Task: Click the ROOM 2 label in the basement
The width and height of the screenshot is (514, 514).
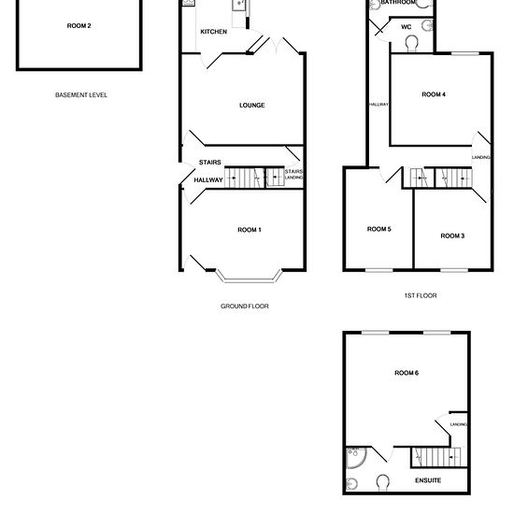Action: point(79,26)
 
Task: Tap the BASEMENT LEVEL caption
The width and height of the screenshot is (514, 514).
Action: point(81,95)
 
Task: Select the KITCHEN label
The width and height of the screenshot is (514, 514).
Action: point(214,32)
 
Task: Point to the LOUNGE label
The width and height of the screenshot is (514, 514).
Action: point(252,106)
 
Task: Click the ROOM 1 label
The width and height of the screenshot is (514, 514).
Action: point(250,230)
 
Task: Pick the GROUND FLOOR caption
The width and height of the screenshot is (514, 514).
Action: point(245,307)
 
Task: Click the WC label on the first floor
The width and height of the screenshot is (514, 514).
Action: point(407,27)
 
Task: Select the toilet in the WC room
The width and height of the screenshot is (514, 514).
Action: point(411,44)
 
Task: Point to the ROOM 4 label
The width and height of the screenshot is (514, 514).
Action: point(434,94)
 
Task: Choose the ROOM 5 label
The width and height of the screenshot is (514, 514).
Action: point(378,229)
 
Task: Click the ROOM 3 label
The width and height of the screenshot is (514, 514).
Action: point(452,236)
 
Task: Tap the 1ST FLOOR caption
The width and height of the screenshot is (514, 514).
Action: point(421,295)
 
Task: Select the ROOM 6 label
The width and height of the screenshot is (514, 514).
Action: point(407,373)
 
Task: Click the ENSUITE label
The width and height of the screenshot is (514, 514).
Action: point(428,480)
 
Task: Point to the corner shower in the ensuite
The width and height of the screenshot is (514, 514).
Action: point(355,457)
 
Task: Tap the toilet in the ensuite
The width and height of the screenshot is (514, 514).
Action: point(382,482)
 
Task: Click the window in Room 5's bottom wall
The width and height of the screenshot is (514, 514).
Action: point(379,270)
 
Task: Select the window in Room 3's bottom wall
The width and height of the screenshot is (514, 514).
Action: point(454,270)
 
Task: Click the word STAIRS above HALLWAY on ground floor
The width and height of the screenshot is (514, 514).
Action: point(210,163)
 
